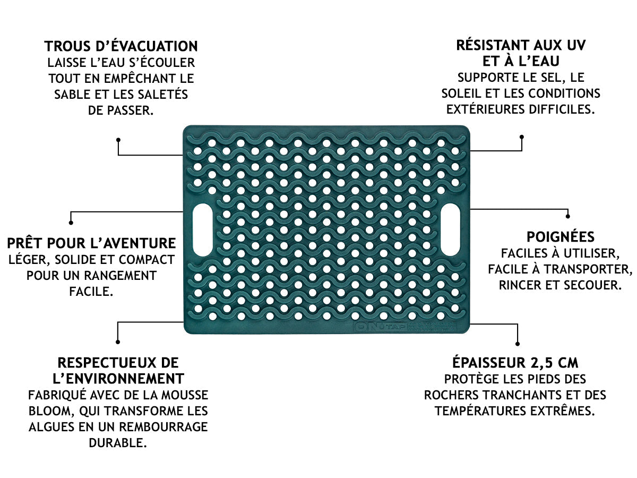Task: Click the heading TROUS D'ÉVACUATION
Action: click(121, 46)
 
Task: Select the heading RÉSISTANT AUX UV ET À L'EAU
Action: click(521, 53)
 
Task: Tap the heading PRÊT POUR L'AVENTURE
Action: click(91, 243)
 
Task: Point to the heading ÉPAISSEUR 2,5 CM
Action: click(515, 363)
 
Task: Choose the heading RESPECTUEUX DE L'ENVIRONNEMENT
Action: click(118, 371)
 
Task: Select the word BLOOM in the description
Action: click(46, 411)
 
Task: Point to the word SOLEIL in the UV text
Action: click(461, 93)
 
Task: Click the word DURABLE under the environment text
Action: click(118, 443)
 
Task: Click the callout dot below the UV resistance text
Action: click(522, 136)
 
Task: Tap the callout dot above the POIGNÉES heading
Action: click(568, 217)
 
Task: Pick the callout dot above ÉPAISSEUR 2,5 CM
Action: click(517, 343)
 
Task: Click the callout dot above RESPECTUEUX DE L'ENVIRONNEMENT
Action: click(117, 342)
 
